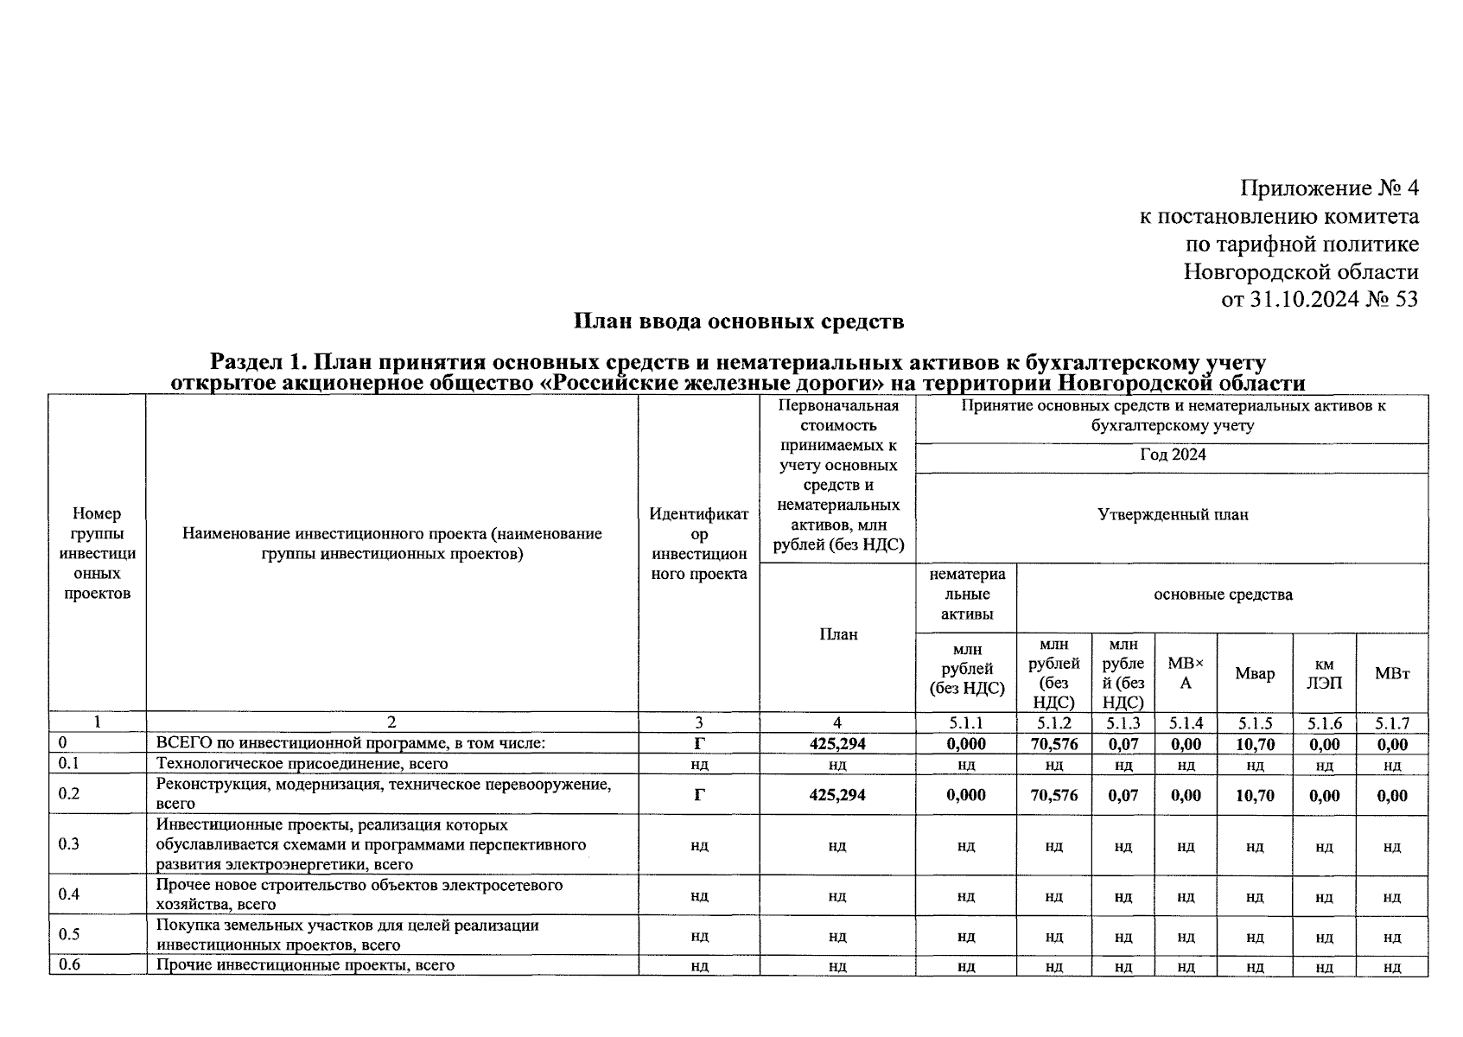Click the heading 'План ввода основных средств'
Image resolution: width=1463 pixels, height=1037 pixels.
click(739, 322)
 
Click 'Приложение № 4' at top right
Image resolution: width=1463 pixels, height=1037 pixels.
click(1329, 188)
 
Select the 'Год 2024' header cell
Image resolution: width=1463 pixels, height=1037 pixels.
click(1172, 455)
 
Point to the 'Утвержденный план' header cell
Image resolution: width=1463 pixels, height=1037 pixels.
click(1172, 515)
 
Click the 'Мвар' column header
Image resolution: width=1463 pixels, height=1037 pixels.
click(1254, 673)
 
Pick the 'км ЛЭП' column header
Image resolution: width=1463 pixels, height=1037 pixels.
click(1324, 673)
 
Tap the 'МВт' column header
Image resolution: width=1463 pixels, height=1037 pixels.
click(1391, 673)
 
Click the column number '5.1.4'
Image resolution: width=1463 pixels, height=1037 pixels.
click(1186, 723)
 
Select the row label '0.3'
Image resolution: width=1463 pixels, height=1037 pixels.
click(69, 844)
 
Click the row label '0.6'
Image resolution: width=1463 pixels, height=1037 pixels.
click(69, 965)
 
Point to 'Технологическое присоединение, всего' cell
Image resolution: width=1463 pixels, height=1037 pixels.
click(302, 764)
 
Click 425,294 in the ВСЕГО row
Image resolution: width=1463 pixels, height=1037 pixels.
click(836, 744)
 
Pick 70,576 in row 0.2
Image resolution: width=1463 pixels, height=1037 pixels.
click(1053, 795)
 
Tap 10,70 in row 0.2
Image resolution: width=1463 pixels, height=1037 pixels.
click(1254, 795)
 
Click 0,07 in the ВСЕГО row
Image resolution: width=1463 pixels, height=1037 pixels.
click(1123, 744)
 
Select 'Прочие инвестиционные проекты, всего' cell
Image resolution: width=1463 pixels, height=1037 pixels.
click(305, 965)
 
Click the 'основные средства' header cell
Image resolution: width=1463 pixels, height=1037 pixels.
click(1222, 595)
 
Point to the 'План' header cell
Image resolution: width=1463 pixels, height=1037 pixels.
click(837, 634)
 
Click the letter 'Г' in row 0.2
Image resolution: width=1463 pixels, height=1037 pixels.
click(699, 795)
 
